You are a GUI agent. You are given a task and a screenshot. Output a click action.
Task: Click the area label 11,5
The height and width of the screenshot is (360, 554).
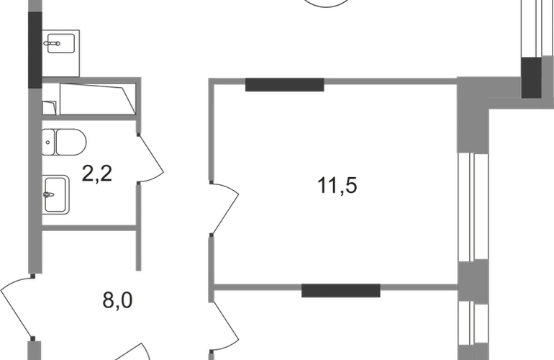(x=337, y=186)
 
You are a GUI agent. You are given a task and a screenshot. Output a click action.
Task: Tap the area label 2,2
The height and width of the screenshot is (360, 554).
(x=97, y=174)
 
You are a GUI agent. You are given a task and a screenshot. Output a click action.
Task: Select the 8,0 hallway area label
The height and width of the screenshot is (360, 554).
(x=118, y=300)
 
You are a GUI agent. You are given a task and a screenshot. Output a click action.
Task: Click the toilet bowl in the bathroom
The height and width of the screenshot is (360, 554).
(x=71, y=142)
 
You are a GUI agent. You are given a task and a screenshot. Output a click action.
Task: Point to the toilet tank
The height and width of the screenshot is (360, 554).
(x=48, y=142)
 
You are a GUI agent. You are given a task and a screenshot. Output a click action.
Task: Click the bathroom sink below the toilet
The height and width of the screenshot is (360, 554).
(x=56, y=194)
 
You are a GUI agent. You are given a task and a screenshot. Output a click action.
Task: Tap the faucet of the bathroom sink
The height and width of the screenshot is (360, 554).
(x=49, y=194)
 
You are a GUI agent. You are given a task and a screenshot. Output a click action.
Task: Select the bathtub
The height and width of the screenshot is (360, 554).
(x=98, y=99)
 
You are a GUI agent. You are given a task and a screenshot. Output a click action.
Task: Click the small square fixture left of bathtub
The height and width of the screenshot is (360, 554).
(x=50, y=108)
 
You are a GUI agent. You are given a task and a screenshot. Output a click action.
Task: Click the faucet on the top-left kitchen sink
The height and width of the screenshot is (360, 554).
(x=52, y=43)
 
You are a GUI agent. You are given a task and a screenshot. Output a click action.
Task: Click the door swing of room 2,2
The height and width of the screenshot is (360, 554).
(x=150, y=158)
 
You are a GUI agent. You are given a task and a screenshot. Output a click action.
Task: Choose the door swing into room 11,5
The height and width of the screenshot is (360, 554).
(x=224, y=209)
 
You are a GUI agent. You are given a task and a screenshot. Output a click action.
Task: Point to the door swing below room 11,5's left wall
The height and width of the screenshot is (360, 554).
(x=224, y=327)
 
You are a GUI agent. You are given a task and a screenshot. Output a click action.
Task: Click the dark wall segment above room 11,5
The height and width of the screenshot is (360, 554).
(x=284, y=85)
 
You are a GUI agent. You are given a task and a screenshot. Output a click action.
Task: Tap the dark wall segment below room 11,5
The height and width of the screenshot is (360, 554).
(x=340, y=290)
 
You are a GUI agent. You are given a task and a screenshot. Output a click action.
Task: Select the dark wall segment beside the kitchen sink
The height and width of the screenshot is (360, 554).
(x=35, y=50)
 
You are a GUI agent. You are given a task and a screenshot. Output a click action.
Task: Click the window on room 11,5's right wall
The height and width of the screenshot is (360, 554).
(x=473, y=207)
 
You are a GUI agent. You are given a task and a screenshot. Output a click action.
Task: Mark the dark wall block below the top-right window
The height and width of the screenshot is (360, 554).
(x=532, y=78)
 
